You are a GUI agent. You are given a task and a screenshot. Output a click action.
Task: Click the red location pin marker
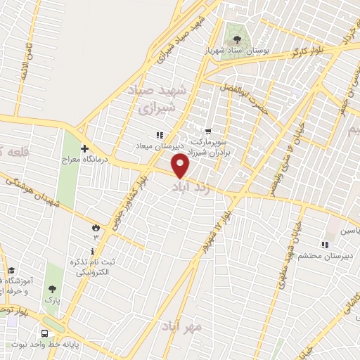[x=181, y=167]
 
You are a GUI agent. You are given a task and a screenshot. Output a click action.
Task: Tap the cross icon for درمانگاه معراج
[x=84, y=150]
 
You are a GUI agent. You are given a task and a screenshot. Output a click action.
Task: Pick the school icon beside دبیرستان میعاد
[x=160, y=136]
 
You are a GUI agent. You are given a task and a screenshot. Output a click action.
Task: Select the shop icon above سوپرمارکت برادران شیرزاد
[x=208, y=131]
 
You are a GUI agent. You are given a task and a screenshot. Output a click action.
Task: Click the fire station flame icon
[x=95, y=227]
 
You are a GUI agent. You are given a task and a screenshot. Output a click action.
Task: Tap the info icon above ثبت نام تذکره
[x=91, y=251]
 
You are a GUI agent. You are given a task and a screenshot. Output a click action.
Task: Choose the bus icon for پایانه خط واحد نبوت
[x=46, y=334]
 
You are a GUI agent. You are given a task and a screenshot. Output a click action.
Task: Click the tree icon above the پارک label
[x=51, y=289]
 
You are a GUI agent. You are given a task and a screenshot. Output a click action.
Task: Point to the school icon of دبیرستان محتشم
[x=325, y=245]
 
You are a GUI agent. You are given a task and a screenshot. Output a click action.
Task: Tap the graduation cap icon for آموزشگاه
[x=11, y=270]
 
